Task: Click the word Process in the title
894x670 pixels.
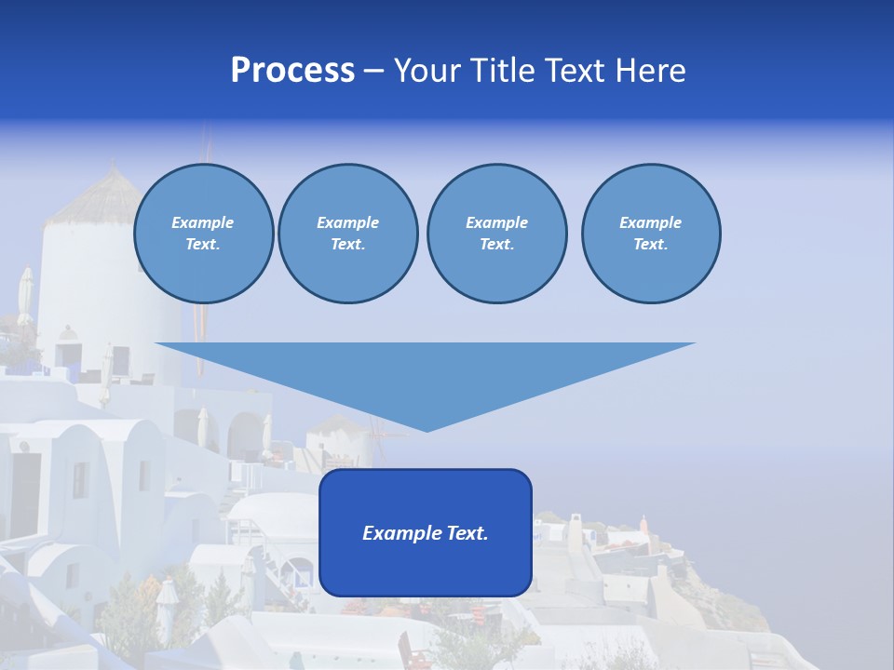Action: pos(292,71)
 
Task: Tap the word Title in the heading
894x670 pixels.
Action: pos(503,71)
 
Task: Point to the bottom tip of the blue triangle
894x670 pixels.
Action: pos(427,430)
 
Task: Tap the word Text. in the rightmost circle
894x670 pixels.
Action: pos(650,245)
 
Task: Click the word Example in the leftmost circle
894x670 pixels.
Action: pos(203,222)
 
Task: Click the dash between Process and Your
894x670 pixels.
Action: pos(374,71)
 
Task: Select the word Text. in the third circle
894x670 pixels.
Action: pos(496,245)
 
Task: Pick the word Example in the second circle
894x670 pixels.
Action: pos(347,222)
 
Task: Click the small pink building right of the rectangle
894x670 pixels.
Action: pos(643,524)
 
